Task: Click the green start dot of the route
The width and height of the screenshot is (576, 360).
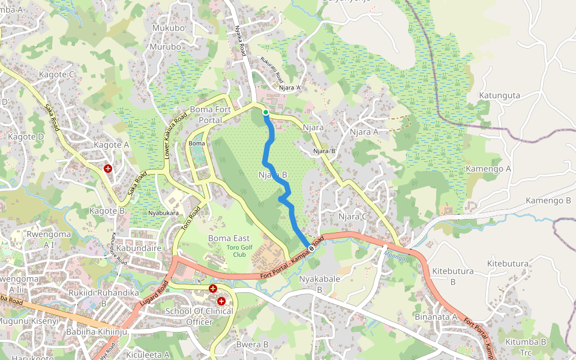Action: pos(265,112)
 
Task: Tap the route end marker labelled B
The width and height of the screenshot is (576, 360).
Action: pos(311,247)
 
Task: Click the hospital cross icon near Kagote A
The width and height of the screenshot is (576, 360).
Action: pos(108,169)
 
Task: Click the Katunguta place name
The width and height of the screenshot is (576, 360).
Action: pos(499,95)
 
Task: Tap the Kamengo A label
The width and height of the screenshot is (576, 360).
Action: pos(488,169)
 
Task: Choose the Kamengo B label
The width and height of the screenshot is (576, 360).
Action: pos(548,200)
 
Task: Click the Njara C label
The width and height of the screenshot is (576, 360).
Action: pos(352,216)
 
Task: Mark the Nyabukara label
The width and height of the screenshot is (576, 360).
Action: pos(164,213)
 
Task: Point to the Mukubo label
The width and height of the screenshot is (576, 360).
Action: pos(168,28)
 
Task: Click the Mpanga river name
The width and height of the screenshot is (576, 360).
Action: pos(394,257)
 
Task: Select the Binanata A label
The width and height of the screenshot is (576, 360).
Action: pos(436,316)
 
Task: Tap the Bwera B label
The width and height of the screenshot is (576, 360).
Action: pos(252,344)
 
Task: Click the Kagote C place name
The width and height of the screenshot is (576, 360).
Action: pos(56,74)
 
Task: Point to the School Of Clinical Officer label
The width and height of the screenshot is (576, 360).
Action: pos(199,316)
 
